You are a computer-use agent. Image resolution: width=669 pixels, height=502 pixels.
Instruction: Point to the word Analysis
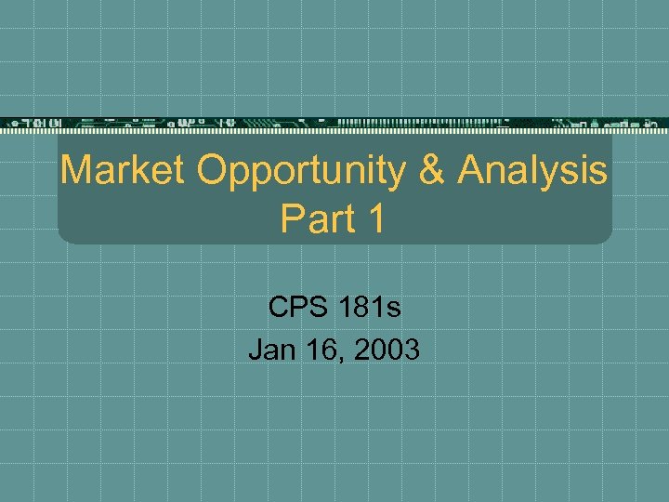point(531,173)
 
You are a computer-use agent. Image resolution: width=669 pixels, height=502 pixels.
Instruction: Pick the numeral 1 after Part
point(374,219)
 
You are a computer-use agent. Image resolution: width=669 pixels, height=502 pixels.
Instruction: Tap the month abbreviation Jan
point(271,350)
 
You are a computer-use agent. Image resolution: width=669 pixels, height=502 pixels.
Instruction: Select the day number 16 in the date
point(321,350)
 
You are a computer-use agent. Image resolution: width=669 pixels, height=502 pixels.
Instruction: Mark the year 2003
point(387,350)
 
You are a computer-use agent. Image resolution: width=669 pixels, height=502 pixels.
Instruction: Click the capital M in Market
point(76,171)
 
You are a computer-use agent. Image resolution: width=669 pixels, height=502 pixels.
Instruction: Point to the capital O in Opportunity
point(211,171)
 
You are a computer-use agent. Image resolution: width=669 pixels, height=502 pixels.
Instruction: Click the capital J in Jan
point(255,350)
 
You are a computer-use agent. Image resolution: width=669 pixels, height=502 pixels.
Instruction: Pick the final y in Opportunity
point(396,177)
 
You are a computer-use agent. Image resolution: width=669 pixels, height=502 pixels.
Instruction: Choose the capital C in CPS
point(278,306)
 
